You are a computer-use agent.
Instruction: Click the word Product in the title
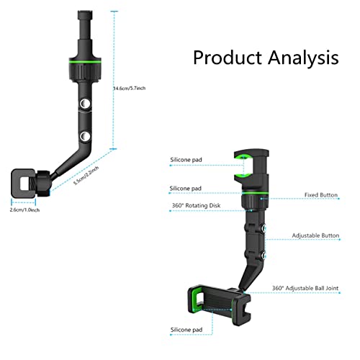tap(227, 58)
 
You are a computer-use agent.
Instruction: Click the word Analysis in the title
tap(303, 58)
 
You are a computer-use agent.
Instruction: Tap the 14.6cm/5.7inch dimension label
tap(130, 89)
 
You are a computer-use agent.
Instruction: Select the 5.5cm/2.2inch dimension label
tap(86, 176)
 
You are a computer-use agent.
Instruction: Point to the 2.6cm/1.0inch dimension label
tap(24, 210)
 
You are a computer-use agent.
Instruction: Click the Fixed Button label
tap(321, 195)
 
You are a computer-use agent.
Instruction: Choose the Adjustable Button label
tap(315, 235)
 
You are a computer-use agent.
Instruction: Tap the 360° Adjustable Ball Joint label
tap(305, 288)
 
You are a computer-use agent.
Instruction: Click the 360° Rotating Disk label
tap(196, 205)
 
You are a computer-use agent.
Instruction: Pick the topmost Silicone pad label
tap(186, 160)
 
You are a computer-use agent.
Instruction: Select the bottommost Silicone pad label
tap(186, 330)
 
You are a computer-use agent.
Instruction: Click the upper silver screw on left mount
tap(85, 104)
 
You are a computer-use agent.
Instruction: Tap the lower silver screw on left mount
tap(85, 136)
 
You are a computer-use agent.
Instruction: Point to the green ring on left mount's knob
tap(85, 62)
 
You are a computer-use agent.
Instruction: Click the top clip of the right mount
tap(252, 168)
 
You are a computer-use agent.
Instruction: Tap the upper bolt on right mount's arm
tap(264, 228)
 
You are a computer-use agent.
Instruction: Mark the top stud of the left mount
tap(85, 15)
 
